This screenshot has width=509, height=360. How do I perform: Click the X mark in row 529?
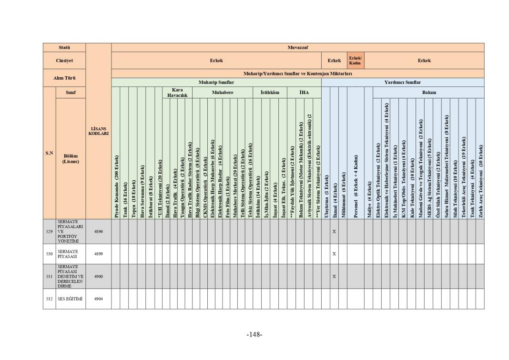(x=334, y=232)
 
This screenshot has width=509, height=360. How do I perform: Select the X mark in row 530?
(x=334, y=254)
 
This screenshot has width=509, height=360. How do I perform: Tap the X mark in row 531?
(x=334, y=277)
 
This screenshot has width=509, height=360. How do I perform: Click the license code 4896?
(x=98, y=232)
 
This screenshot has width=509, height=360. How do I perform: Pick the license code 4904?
(x=98, y=299)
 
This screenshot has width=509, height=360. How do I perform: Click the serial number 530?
(x=49, y=254)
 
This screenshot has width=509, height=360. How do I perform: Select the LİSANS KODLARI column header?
(x=98, y=131)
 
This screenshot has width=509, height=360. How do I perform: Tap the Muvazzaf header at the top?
(x=297, y=48)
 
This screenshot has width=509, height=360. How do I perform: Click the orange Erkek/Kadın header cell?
(x=355, y=61)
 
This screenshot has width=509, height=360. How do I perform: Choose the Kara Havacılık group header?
(x=177, y=93)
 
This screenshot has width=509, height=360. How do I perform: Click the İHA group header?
(x=304, y=93)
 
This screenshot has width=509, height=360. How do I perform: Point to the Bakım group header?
(x=428, y=93)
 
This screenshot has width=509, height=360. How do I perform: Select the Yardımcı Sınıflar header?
(x=402, y=82)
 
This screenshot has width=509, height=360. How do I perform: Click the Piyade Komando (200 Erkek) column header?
(x=116, y=186)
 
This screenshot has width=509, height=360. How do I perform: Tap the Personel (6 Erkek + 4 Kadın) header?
(x=356, y=186)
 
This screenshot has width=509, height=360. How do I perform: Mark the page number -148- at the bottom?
(x=254, y=335)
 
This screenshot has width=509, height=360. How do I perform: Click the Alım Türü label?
(x=64, y=78)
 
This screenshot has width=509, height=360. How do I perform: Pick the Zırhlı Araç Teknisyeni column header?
(x=480, y=181)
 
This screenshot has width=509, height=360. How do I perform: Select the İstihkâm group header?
(x=270, y=93)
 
